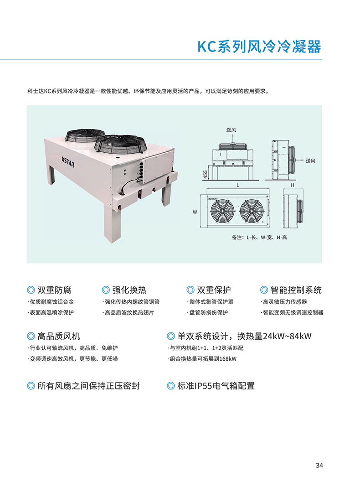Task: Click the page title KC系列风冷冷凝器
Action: tap(259, 47)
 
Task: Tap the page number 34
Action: tap(319, 466)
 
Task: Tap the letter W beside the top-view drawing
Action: tap(195, 212)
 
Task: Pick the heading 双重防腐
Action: tap(54, 290)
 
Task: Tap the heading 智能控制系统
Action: tap(296, 290)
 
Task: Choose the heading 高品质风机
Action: tap(58, 336)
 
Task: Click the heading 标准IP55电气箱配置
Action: tap(216, 386)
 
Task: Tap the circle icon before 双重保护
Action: tap(190, 290)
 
